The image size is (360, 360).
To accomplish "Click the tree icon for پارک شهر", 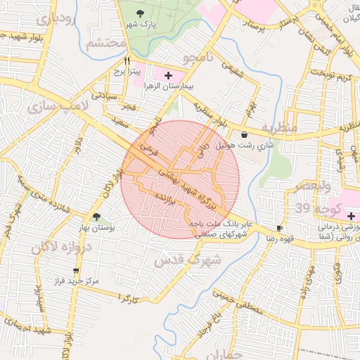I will pos(141,13).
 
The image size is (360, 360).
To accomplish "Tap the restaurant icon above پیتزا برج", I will pos(127,61).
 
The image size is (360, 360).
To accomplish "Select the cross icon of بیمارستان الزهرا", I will pos(167,75).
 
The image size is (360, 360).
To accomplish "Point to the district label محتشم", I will pos(106,44).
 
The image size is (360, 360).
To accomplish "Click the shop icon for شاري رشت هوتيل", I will pos(244,134).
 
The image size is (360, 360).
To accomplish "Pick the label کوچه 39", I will pos(319,209).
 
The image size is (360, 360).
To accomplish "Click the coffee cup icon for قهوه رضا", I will pos(279,228).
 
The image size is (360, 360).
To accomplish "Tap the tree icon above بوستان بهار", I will pos(96,217).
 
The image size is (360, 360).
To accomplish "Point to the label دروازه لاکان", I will pos(60,247).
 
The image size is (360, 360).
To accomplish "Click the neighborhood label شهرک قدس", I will pos(188,259).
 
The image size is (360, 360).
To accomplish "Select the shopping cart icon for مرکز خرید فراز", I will pos(76,271).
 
